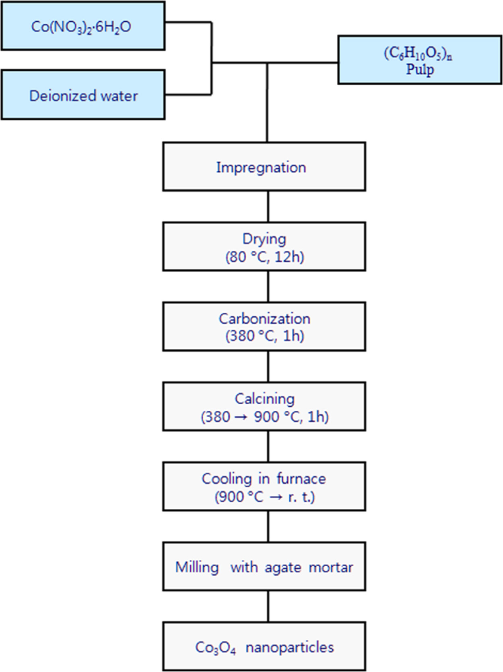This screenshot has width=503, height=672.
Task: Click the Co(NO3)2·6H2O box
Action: point(82,26)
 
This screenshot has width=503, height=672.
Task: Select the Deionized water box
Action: point(82,95)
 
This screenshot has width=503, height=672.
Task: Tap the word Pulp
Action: point(420,70)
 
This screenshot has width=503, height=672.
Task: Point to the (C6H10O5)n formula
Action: point(417,53)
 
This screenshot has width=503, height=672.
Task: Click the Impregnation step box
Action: point(264,166)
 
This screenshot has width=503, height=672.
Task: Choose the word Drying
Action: point(264,239)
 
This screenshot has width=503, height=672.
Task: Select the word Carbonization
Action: point(264,319)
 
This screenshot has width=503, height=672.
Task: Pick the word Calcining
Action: point(264,399)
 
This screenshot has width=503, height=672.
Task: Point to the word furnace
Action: point(301,479)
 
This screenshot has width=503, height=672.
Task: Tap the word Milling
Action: point(197,567)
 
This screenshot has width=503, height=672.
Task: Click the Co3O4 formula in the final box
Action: point(215,647)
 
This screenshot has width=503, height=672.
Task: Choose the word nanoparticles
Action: point(289,647)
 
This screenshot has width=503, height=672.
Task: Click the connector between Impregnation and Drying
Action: point(268,206)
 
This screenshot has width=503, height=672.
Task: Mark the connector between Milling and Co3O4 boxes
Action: point(268,606)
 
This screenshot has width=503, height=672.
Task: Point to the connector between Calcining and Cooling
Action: point(268,447)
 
